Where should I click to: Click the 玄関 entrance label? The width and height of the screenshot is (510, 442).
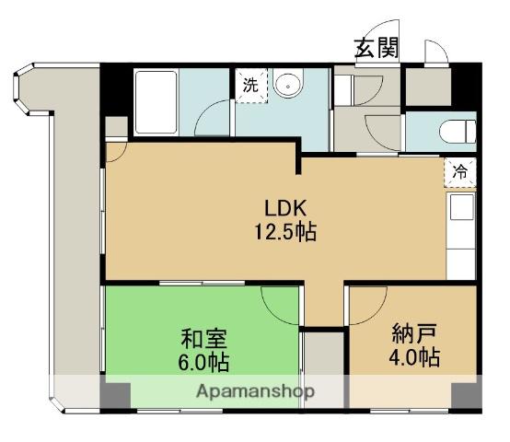pos(377,48)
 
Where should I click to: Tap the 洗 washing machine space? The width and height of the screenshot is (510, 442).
pos(251,86)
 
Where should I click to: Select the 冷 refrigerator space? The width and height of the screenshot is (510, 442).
pos(460,171)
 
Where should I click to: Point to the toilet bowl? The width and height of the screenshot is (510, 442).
pos(458,131)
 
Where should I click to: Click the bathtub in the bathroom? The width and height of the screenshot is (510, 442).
pos(156,103)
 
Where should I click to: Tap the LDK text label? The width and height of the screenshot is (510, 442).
pos(285,208)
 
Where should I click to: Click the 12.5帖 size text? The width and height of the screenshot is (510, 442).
pos(285,231)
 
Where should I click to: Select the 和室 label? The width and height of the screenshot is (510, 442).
pos(203,338)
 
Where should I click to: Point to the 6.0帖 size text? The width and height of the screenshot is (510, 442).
pos(203,362)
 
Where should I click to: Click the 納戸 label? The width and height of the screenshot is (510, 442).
pos(413,333)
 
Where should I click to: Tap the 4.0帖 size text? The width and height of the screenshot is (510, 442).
pos(414,357)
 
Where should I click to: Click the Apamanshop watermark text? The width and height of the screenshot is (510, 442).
pos(255,391)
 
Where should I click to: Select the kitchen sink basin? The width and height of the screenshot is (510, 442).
pos(461,207)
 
